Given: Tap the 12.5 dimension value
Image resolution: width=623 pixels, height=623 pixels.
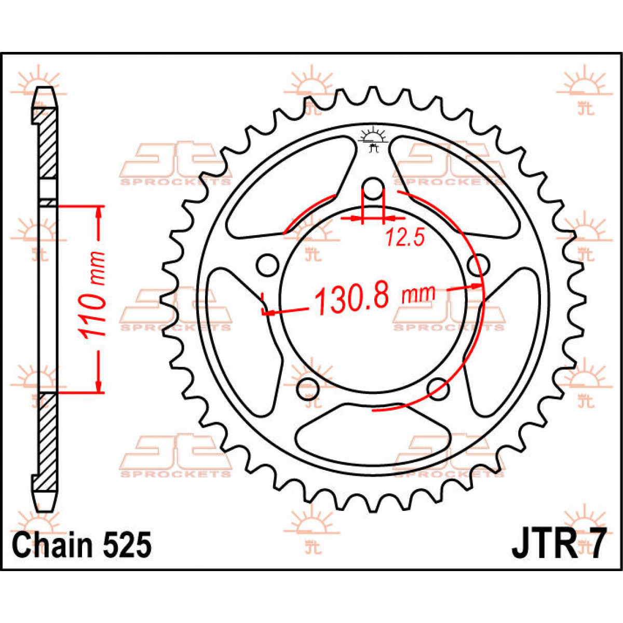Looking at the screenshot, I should click(x=405, y=238).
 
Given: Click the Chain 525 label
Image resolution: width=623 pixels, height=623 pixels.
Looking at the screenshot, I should click(x=82, y=546).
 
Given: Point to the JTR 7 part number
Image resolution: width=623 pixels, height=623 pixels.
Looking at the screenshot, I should click(x=558, y=545).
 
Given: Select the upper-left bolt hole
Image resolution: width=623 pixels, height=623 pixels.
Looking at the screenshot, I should click(x=267, y=265).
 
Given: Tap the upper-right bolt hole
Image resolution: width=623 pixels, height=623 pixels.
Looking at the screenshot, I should click(x=478, y=265).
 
